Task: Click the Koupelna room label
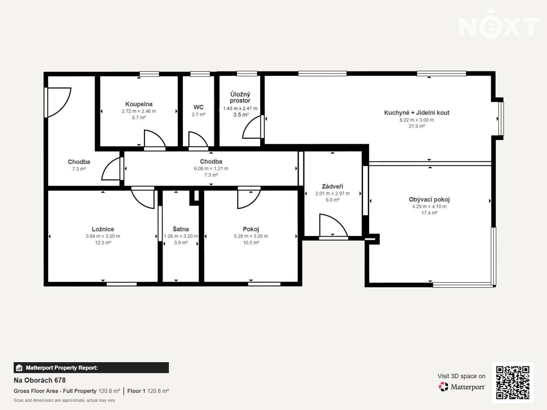(x=139, y=104)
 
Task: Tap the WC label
(x=198, y=107)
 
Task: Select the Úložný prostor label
(x=240, y=97)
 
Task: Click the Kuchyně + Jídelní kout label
(x=417, y=113)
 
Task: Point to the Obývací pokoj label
(x=429, y=199)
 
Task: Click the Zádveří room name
(x=332, y=186)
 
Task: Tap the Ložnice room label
(x=103, y=229)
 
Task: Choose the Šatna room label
(x=181, y=229)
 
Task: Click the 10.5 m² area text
(x=251, y=243)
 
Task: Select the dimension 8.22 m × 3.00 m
(x=417, y=120)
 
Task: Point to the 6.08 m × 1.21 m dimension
(x=211, y=169)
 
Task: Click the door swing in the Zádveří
(x=334, y=225)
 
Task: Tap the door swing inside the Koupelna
(x=155, y=139)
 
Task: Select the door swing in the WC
(x=198, y=139)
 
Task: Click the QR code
(x=512, y=382)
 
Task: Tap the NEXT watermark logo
(x=499, y=24)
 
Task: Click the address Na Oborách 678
(x=40, y=380)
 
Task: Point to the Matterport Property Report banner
(x=91, y=368)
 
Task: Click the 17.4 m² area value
(x=429, y=213)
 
